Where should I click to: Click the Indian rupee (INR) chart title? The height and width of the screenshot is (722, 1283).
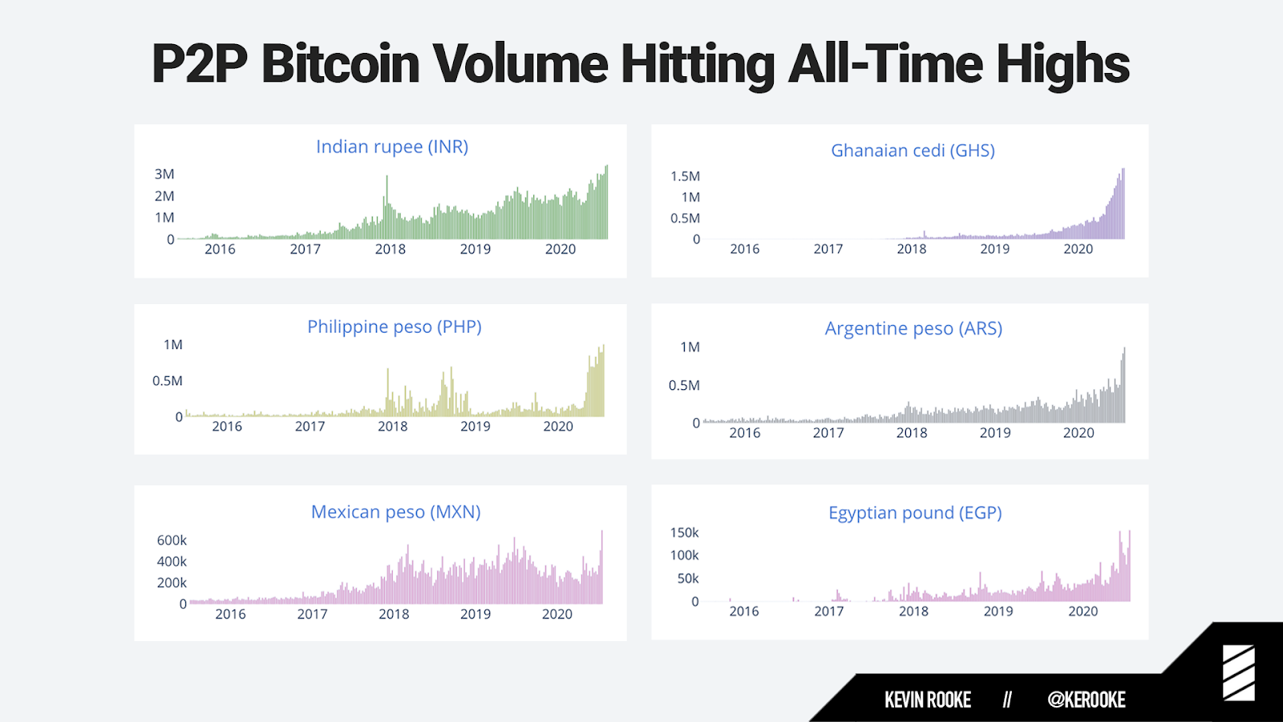pyautogui.click(x=391, y=147)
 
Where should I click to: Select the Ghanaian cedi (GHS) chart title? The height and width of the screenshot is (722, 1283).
pyautogui.click(x=913, y=151)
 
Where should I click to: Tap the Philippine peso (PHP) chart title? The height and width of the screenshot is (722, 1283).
pyautogui.click(x=394, y=327)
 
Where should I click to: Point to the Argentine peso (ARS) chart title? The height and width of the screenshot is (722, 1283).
pyautogui.click(x=913, y=329)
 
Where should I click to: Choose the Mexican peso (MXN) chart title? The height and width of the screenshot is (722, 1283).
pyautogui.click(x=395, y=512)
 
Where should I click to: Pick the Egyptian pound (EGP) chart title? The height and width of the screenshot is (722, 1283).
pyautogui.click(x=915, y=513)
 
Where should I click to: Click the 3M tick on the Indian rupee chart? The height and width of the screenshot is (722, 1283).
pyautogui.click(x=164, y=174)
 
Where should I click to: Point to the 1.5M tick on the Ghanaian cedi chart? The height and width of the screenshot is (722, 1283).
pyautogui.click(x=685, y=176)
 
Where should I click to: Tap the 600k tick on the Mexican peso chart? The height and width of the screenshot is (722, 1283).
pyautogui.click(x=172, y=541)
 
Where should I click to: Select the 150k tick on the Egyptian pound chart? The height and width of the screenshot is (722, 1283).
pyautogui.click(x=684, y=533)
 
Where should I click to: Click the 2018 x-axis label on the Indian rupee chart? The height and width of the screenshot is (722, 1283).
pyautogui.click(x=390, y=249)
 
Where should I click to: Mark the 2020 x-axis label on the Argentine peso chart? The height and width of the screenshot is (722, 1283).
pyautogui.click(x=1078, y=433)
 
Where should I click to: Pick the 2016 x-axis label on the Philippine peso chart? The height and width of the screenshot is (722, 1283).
pyautogui.click(x=226, y=427)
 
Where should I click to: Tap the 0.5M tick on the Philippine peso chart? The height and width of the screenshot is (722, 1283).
pyautogui.click(x=167, y=381)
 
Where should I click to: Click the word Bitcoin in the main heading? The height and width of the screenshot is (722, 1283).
pyautogui.click(x=340, y=64)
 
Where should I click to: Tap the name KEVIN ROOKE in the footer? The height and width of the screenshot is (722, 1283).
pyautogui.click(x=927, y=700)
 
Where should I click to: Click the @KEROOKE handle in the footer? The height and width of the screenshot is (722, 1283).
pyautogui.click(x=1086, y=700)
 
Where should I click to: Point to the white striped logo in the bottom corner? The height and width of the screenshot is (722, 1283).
pyautogui.click(x=1238, y=672)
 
